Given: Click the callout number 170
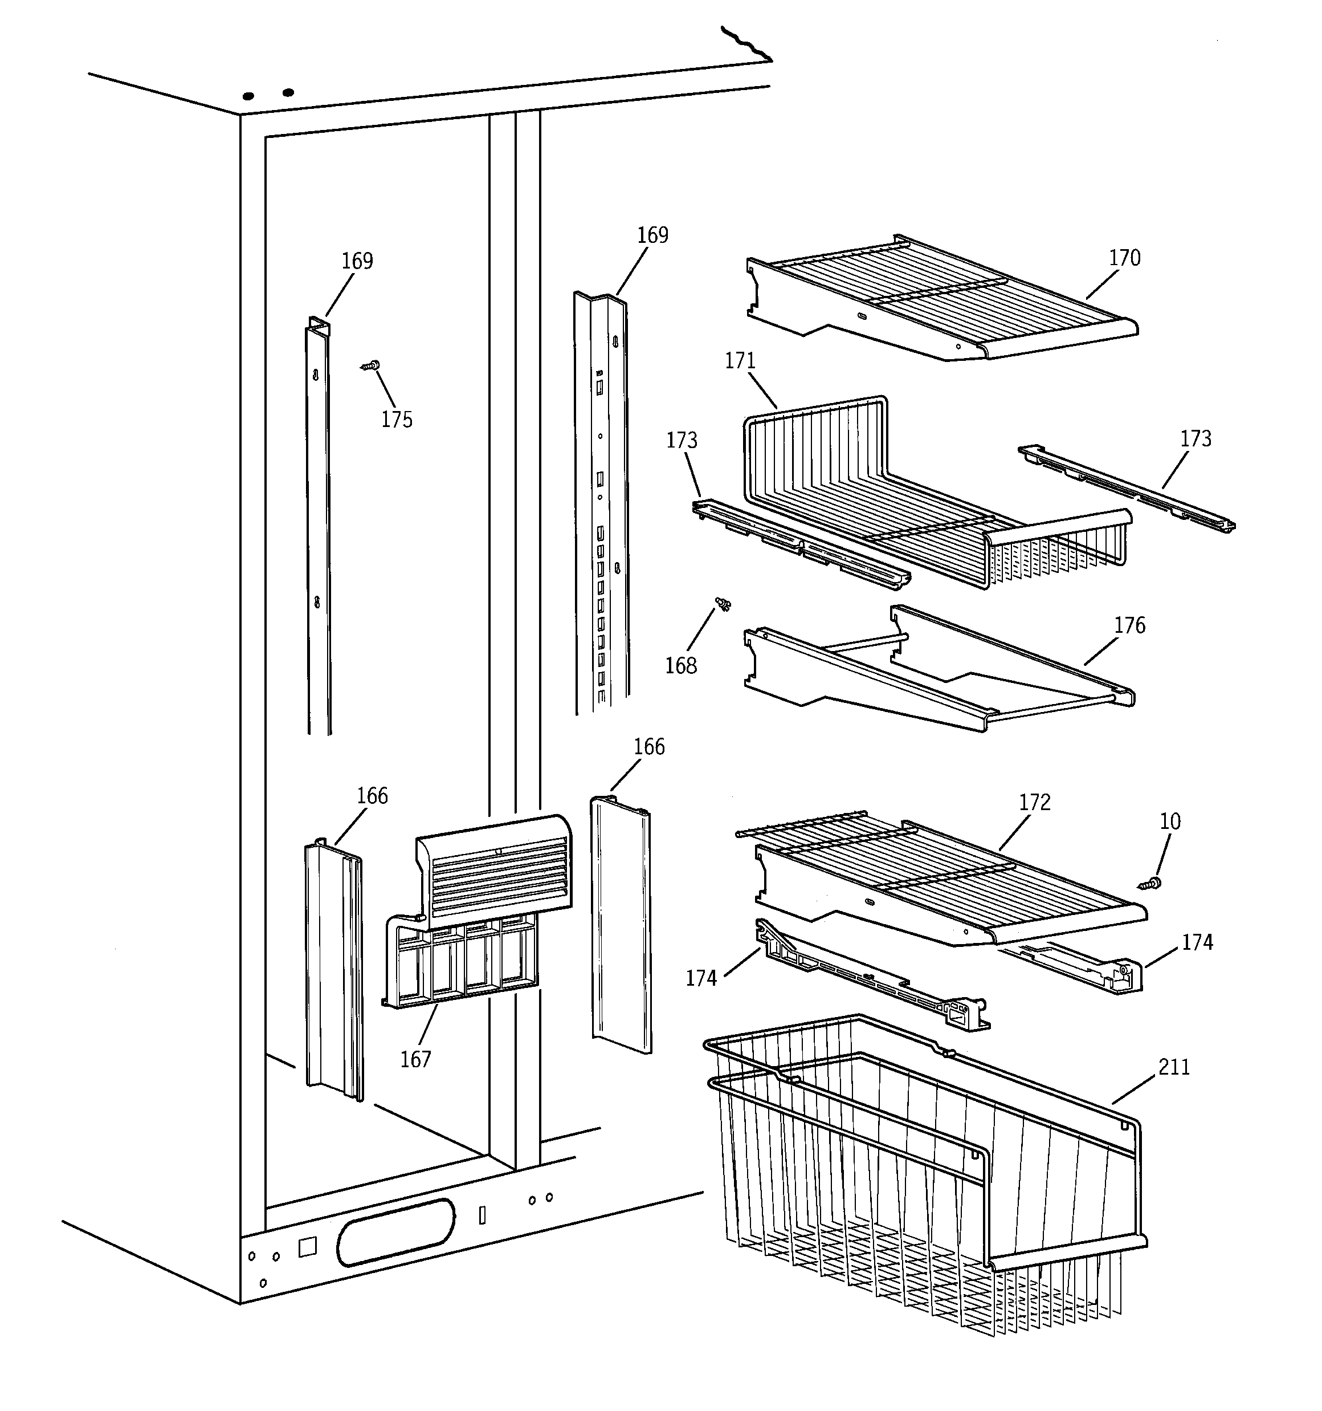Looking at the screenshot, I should click(x=1125, y=258).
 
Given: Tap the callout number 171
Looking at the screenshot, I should click(x=740, y=361).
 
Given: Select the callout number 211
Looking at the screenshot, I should click(x=1174, y=1067).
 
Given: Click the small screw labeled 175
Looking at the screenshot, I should click(x=370, y=366).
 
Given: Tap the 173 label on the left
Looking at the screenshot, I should click(x=681, y=441).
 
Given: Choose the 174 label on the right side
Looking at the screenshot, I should click(x=1197, y=942).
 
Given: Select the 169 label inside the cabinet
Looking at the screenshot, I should click(x=357, y=261).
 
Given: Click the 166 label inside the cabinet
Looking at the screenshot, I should click(x=372, y=796).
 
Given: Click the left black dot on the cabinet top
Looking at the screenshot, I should click(x=248, y=96).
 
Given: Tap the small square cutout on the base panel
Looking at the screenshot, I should click(x=307, y=1247).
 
